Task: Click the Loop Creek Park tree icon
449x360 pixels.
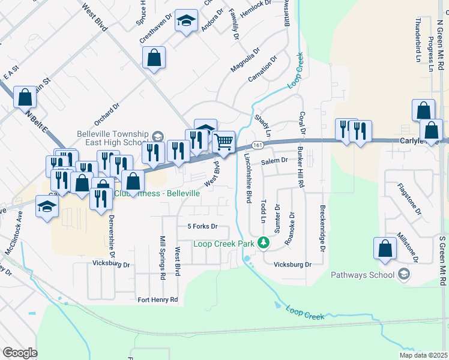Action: tap(262, 243)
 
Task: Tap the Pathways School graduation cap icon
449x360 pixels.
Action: tap(404, 275)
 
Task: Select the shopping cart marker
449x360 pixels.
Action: tap(223, 142)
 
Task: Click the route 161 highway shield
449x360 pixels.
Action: tap(257, 145)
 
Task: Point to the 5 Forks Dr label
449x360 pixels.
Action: tap(202, 227)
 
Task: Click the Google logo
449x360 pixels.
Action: tap(20, 353)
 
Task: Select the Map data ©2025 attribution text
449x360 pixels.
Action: tap(423, 355)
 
